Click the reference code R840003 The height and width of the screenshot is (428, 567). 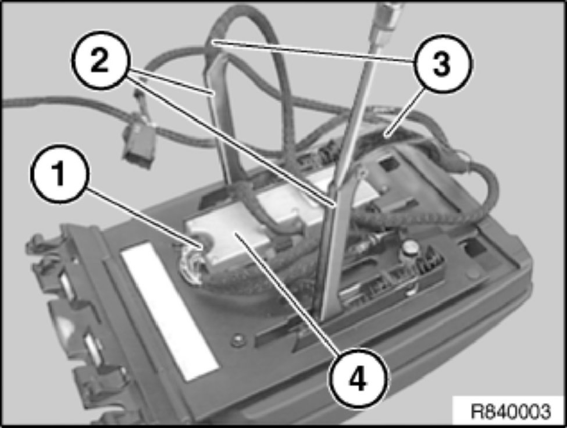coord(511,411)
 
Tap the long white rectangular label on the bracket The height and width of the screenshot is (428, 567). coord(170,311)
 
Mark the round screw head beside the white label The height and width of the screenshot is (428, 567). coord(239,340)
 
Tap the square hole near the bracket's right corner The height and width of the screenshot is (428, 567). coord(475,249)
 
